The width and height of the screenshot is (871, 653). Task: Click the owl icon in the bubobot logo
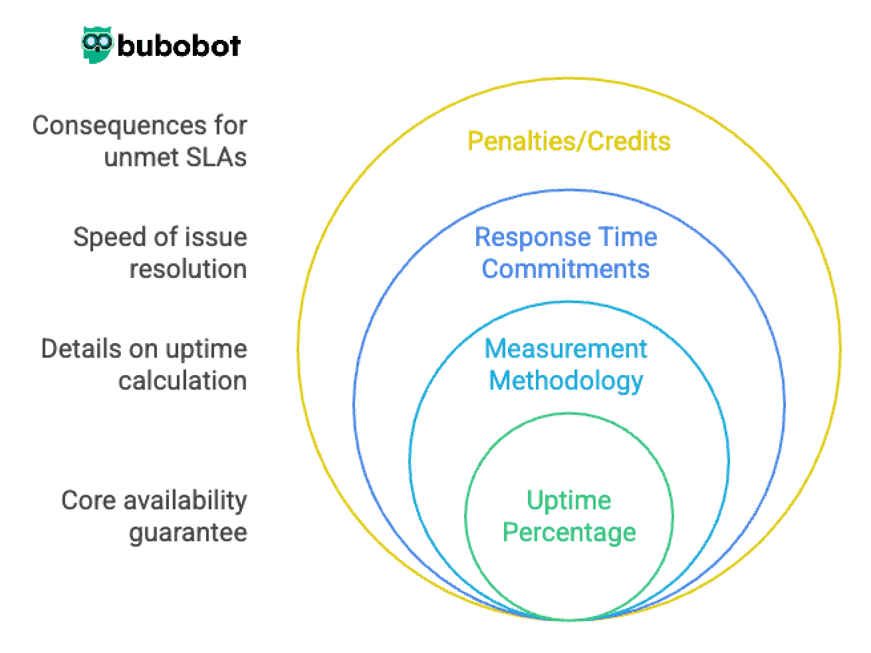(98, 45)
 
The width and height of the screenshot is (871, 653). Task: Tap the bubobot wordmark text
(179, 46)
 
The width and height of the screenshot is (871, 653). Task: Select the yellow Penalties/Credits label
(568, 141)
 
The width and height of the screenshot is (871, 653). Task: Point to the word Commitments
(565, 269)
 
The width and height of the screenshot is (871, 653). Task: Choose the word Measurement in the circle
(565, 349)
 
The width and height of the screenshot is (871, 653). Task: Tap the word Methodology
(566, 381)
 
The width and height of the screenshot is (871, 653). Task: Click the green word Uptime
(568, 500)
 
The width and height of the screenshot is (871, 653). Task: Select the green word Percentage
(568, 532)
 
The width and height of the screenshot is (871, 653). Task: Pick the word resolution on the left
(188, 269)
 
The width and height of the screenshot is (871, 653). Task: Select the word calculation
(182, 381)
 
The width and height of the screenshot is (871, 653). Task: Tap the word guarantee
(188, 532)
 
